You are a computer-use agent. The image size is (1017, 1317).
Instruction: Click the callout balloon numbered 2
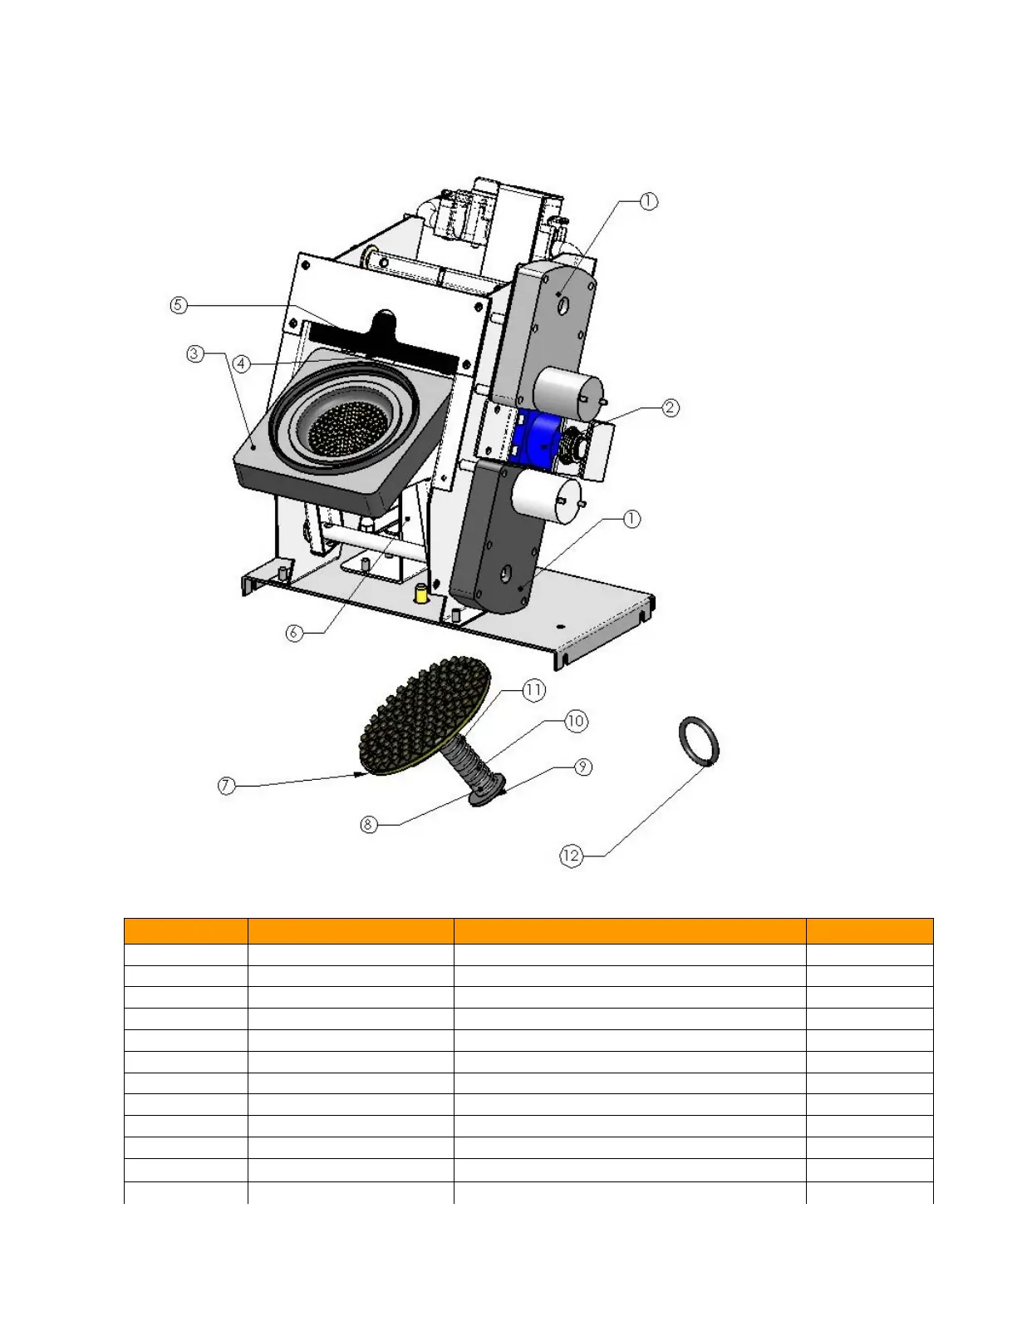671,407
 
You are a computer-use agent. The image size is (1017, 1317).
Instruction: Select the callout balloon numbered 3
194,354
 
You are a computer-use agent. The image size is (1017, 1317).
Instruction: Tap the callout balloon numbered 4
241,364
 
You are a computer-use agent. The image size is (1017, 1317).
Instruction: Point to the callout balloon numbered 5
178,305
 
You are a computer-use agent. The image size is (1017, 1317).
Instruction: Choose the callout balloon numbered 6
294,633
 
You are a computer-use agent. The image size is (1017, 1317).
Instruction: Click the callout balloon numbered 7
227,786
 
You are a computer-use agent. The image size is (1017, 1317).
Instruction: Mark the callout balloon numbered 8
369,825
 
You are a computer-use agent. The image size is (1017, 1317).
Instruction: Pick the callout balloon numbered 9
584,767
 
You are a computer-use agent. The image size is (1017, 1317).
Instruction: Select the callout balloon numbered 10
576,721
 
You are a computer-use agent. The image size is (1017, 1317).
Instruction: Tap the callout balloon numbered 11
533,690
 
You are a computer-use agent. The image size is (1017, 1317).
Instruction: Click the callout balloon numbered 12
572,856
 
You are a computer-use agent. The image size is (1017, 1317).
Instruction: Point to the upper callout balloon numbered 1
648,201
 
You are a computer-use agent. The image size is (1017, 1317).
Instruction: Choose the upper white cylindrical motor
568,389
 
